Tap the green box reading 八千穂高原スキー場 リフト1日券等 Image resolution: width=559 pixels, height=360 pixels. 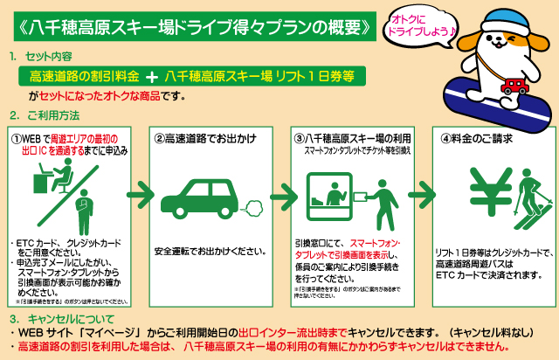click(257, 76)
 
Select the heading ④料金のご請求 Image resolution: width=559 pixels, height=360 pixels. click(476, 138)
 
